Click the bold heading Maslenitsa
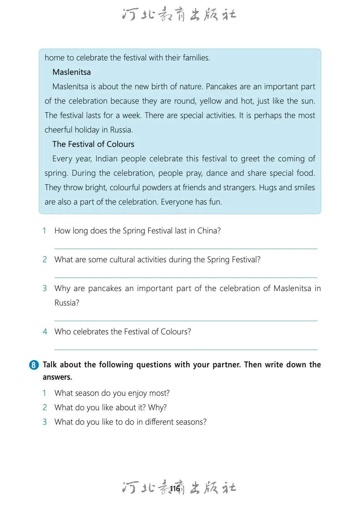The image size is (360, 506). click(x=71, y=72)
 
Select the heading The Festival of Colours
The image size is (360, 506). click(x=93, y=144)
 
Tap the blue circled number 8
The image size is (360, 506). click(x=34, y=365)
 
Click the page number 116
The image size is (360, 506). click(x=175, y=489)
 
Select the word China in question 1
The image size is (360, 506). click(x=209, y=231)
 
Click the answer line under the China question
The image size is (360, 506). click(x=185, y=249)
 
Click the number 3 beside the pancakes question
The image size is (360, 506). click(x=45, y=288)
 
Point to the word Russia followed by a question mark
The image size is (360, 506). click(x=67, y=303)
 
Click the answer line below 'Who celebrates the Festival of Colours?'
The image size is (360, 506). click(x=185, y=349)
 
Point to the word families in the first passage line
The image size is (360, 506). click(x=196, y=58)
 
